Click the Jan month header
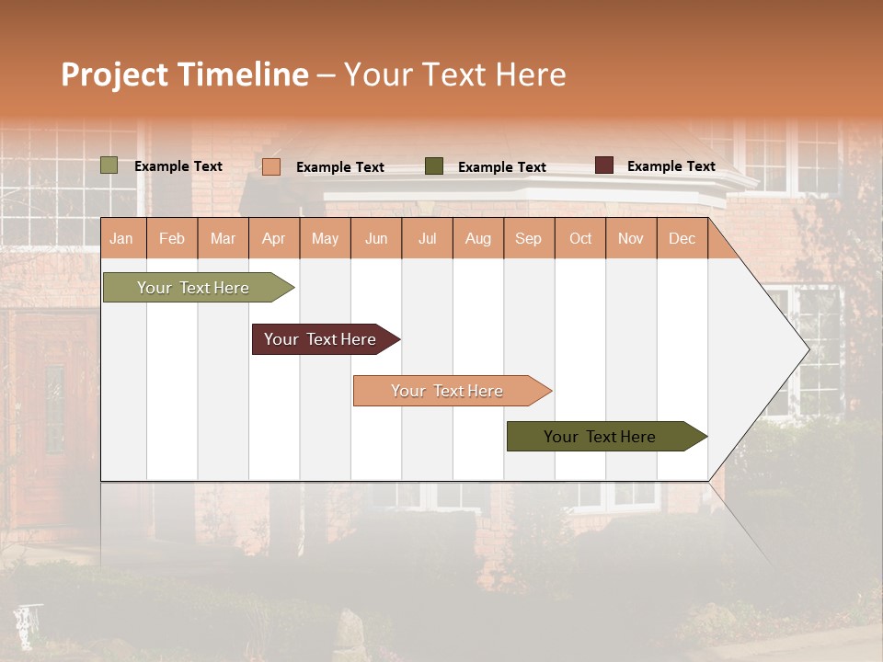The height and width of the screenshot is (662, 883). click(122, 239)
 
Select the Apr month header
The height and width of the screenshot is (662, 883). click(274, 239)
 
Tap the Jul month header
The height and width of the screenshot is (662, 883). click(427, 239)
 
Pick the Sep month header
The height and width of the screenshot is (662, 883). click(529, 239)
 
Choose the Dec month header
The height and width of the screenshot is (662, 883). click(682, 239)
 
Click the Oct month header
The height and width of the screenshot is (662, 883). click(580, 239)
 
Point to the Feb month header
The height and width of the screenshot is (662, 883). click(172, 239)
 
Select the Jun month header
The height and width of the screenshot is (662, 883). click(376, 239)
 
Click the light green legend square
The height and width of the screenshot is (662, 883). click(109, 165)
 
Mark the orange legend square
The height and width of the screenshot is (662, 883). click(271, 166)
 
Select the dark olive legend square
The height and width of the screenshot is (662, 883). click(434, 166)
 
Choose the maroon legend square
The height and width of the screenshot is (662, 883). click(603, 165)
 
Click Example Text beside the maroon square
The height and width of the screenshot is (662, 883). click(671, 166)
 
